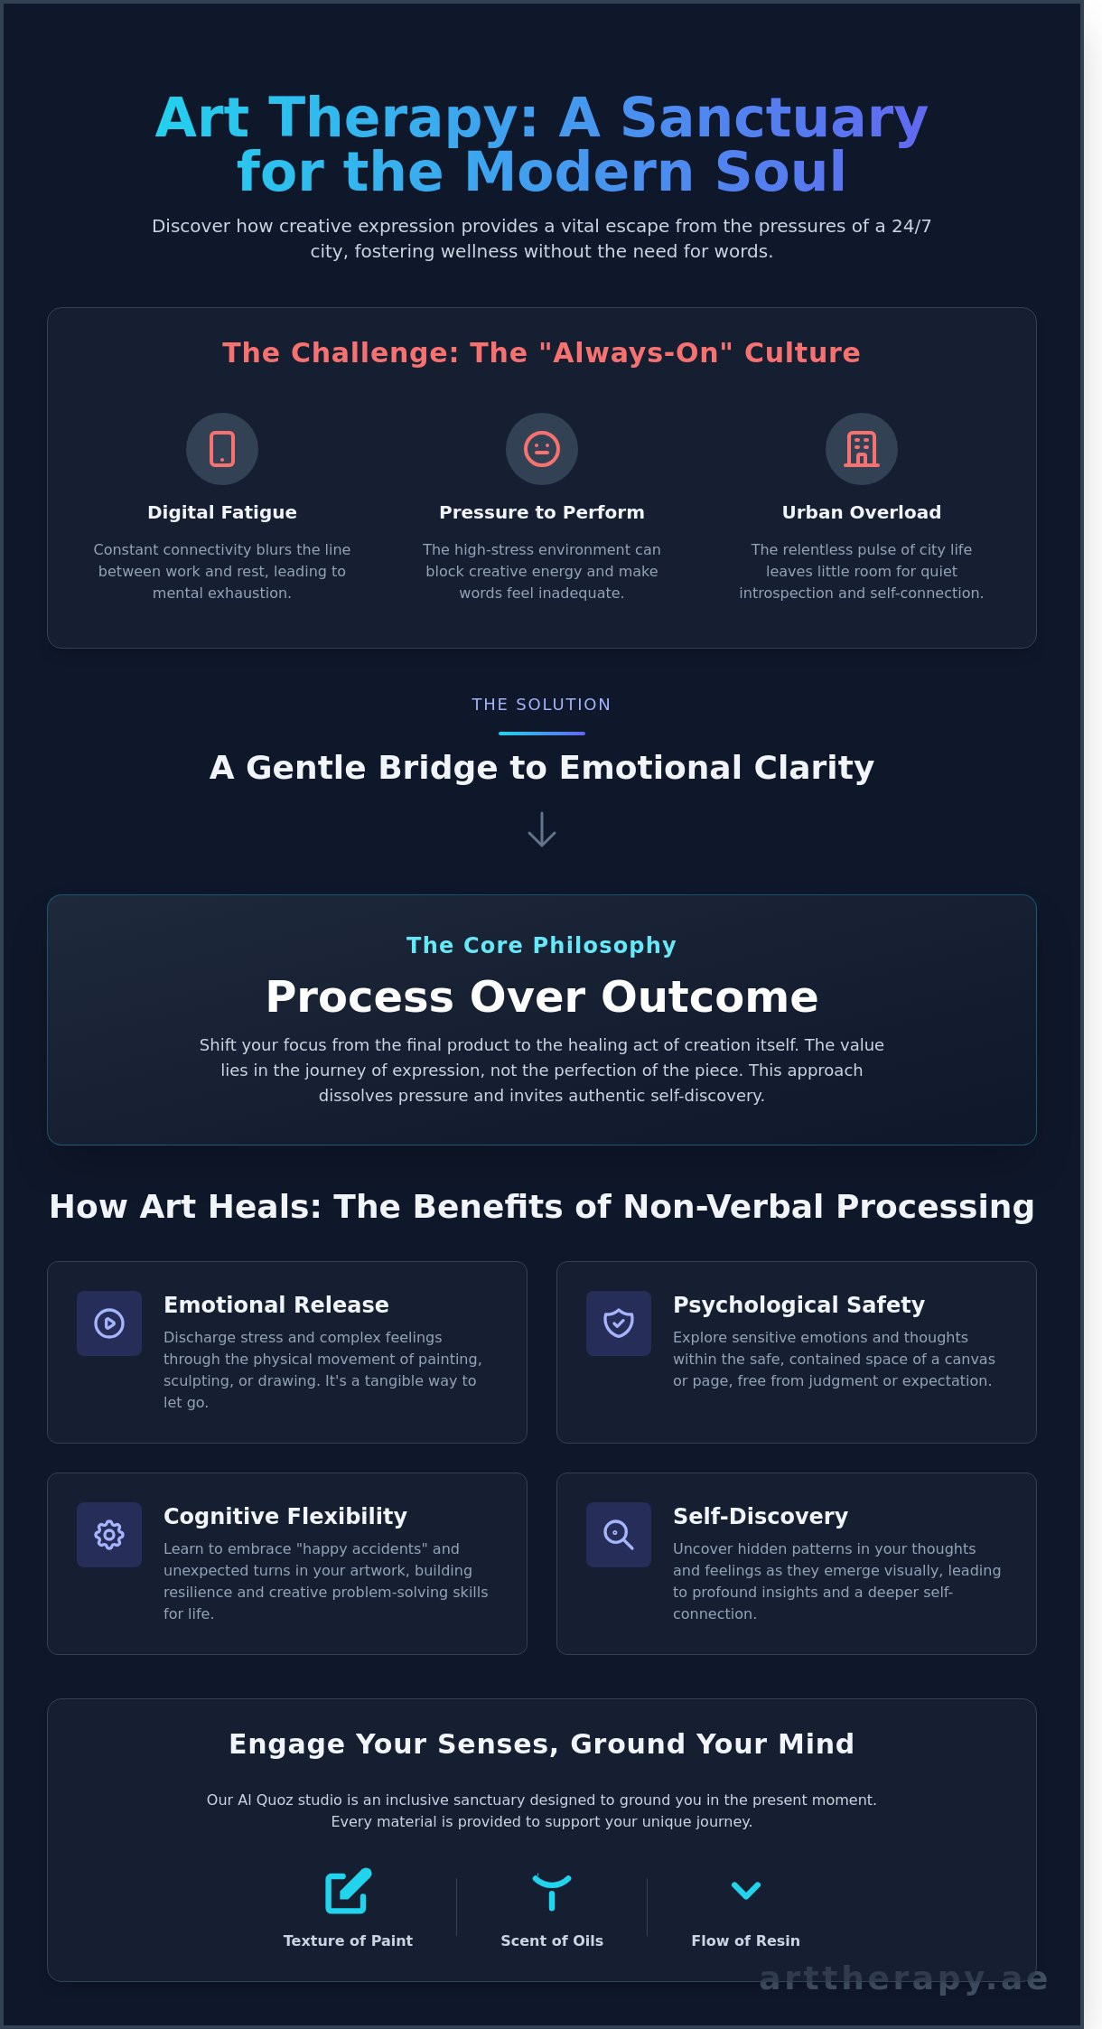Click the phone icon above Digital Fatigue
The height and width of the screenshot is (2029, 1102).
[x=222, y=449]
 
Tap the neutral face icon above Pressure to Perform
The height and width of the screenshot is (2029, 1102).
[x=542, y=449]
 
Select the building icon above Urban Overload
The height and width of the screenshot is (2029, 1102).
[x=862, y=449]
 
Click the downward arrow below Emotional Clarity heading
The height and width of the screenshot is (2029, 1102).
[x=542, y=829]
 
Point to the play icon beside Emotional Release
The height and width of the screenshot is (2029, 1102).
[x=109, y=1323]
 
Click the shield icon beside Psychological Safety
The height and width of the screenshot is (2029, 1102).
[x=619, y=1323]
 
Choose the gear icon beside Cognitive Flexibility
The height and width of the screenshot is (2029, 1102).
[x=109, y=1535]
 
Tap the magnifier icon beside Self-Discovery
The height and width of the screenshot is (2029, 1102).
[x=619, y=1535]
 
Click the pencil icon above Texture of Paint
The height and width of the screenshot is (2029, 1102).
[x=348, y=1891]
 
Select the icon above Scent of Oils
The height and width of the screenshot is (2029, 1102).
[x=552, y=1891]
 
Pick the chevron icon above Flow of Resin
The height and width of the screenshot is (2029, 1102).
[x=746, y=1890]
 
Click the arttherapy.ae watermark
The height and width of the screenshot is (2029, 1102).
[x=903, y=1978]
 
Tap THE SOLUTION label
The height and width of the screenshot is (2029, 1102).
[x=542, y=705]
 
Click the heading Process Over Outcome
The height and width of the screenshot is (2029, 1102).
[x=542, y=996]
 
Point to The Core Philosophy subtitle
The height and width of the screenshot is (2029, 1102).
[x=542, y=945]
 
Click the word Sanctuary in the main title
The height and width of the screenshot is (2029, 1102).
[x=774, y=118]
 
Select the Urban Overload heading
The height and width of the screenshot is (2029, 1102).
[x=862, y=512]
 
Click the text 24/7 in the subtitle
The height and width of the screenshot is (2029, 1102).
[x=911, y=226]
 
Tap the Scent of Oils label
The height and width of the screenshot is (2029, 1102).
[x=552, y=1940]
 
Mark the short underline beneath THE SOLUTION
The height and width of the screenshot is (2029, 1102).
[x=542, y=734]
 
